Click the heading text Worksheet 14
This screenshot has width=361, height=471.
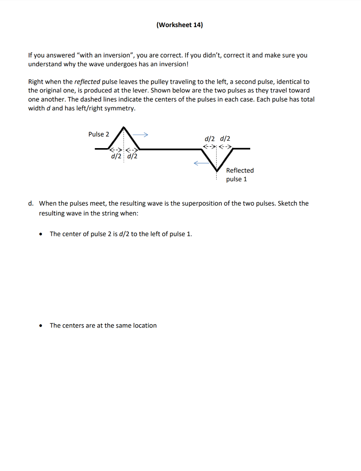coord(179,25)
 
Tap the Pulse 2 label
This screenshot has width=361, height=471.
coord(99,134)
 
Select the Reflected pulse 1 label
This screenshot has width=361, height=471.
coord(240,175)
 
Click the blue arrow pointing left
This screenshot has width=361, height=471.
coord(200,163)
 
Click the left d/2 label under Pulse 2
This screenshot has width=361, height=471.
coord(116,156)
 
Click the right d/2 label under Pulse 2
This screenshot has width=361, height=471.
coord(132,156)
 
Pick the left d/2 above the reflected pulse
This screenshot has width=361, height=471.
coord(210,138)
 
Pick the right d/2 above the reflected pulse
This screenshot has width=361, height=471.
coord(226,138)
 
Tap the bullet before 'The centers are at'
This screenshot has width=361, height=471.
coord(42,326)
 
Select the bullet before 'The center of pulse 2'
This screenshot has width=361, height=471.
coord(42,234)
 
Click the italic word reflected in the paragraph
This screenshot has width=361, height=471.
coord(87,81)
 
